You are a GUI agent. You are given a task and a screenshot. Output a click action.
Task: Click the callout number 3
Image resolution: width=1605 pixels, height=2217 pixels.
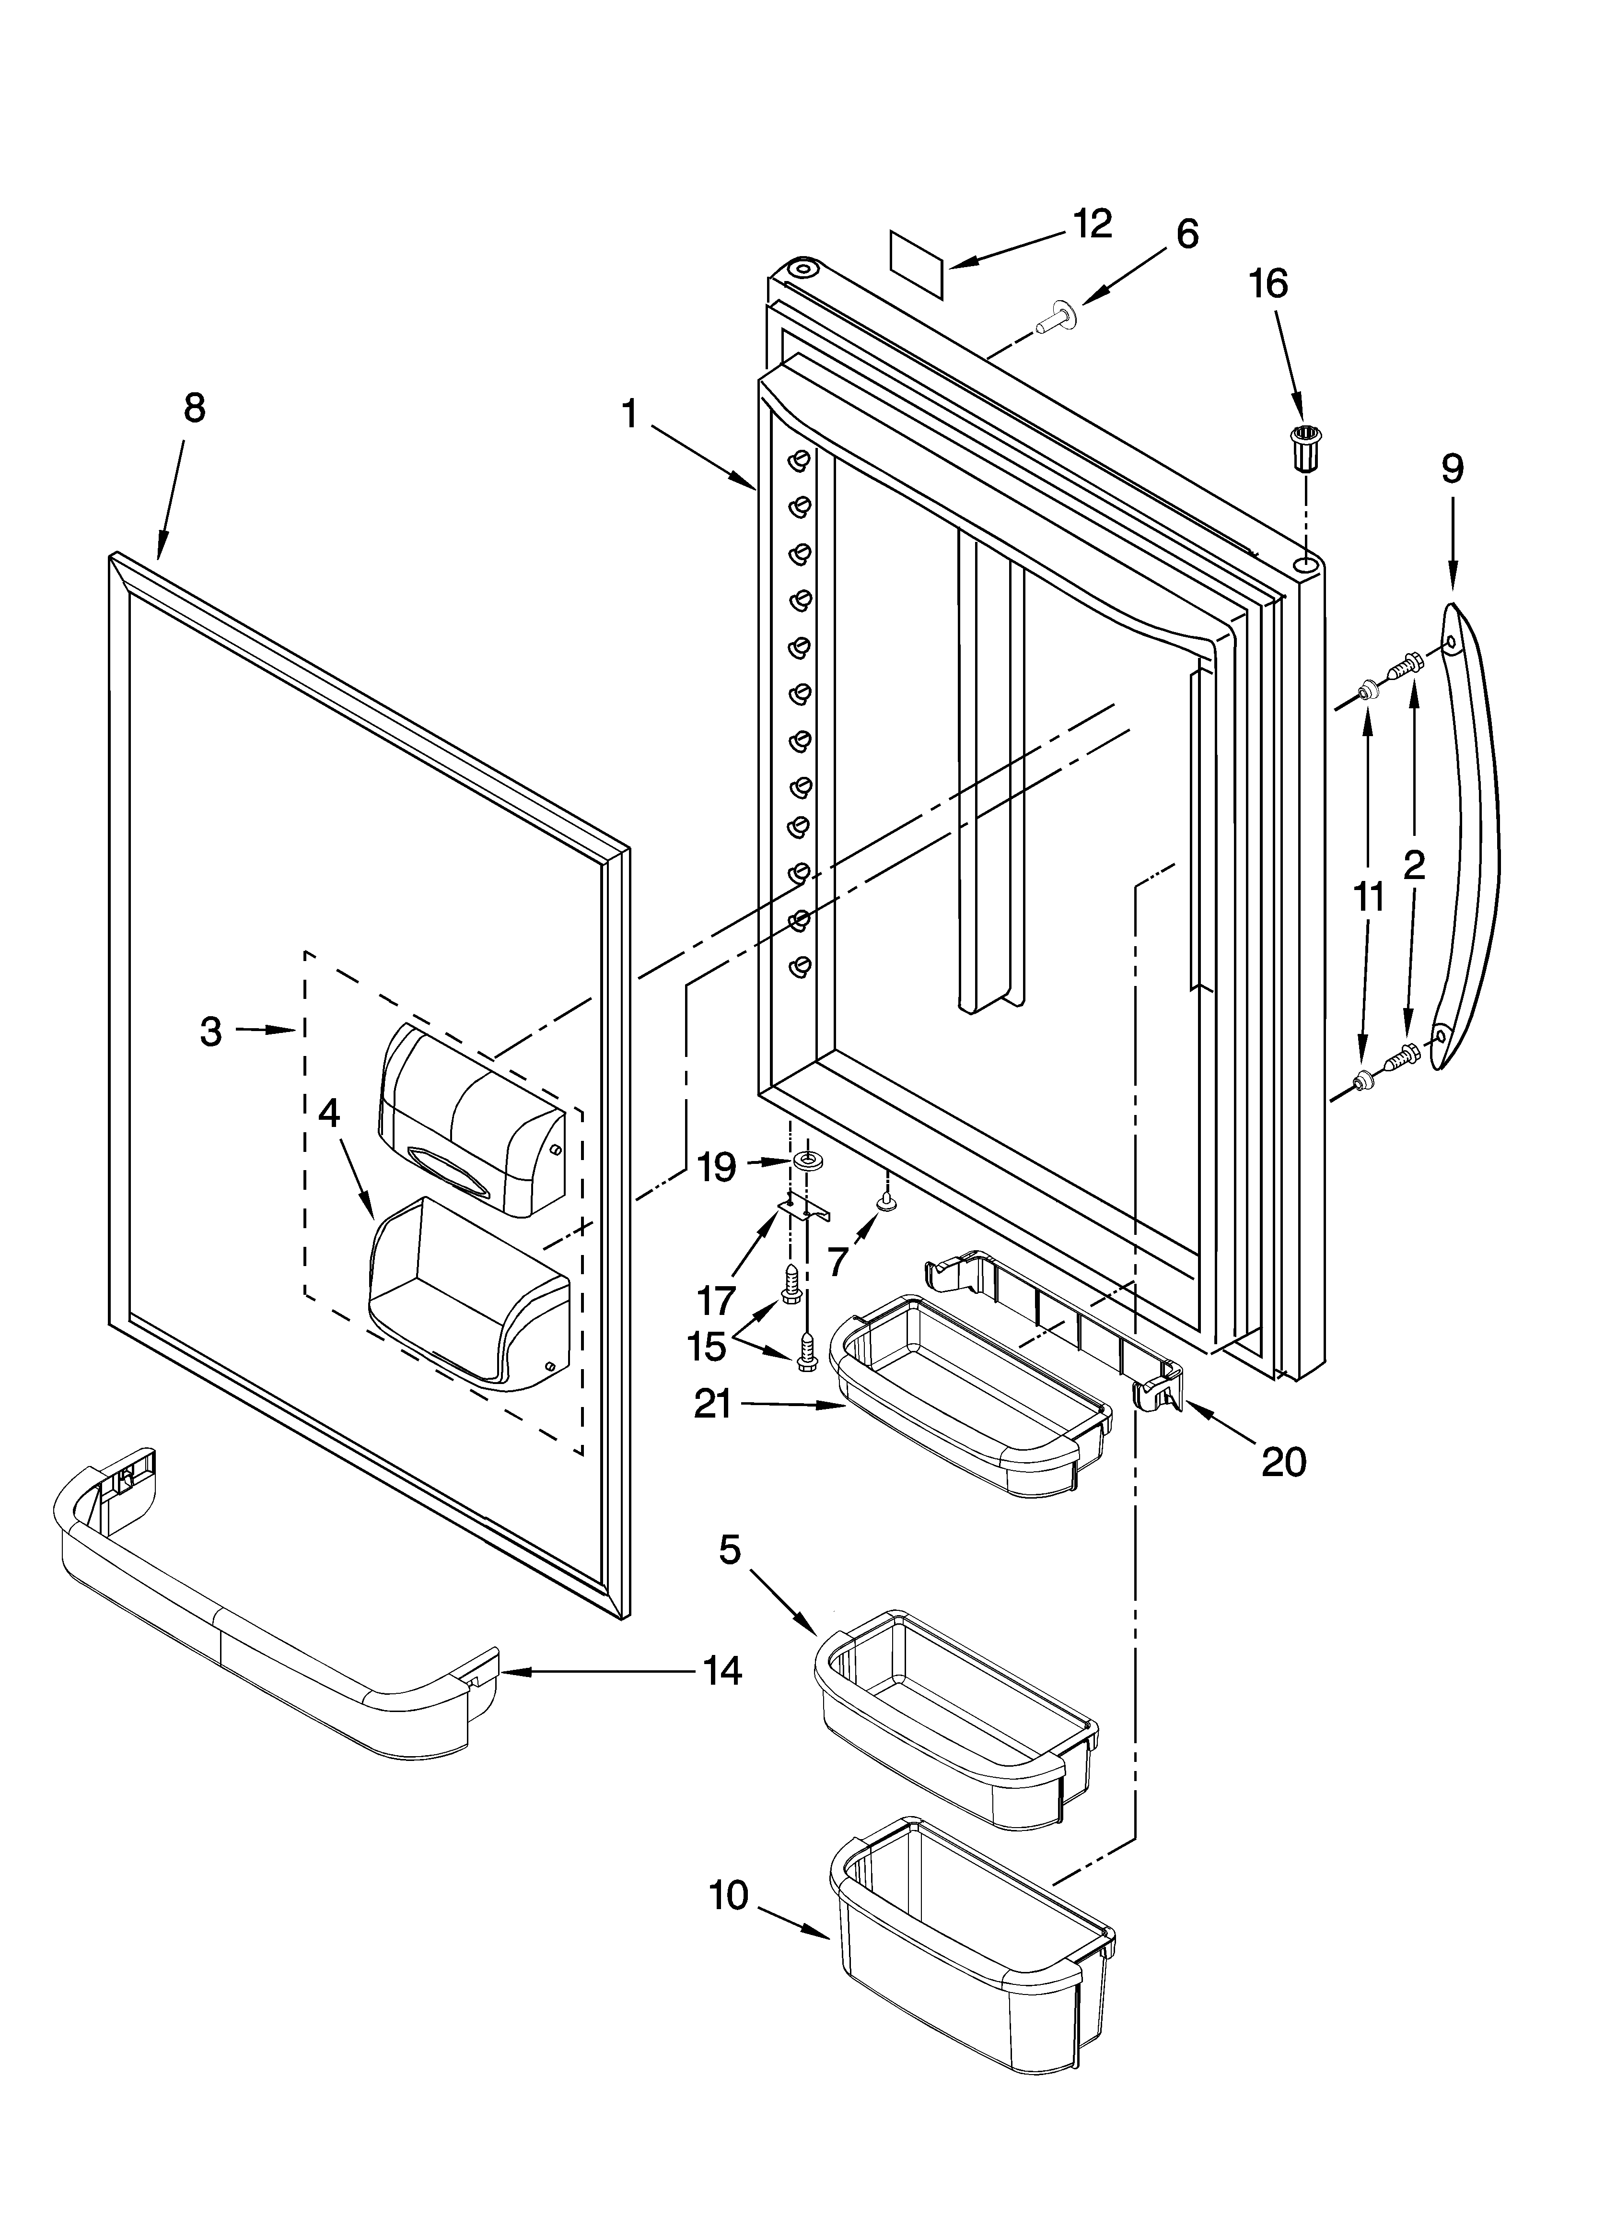(211, 1031)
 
